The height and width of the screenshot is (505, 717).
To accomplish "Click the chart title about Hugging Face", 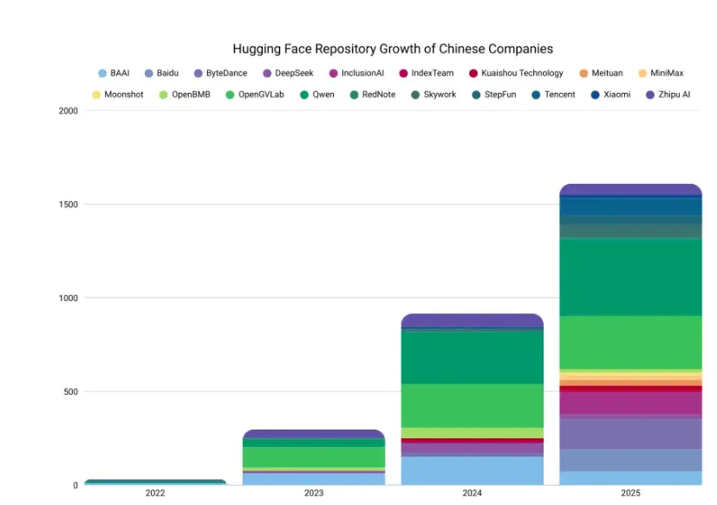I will [x=393, y=49].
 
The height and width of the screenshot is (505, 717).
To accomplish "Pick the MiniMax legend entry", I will [x=667, y=74].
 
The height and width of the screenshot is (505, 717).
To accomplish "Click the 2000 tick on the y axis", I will [x=68, y=111].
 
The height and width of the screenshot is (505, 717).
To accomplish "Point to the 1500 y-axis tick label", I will [x=68, y=205].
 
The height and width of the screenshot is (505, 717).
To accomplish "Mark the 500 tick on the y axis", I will [x=69, y=392].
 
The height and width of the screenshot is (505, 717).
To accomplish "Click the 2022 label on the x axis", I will [x=155, y=493].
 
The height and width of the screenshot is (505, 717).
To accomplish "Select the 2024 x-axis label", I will [x=472, y=493].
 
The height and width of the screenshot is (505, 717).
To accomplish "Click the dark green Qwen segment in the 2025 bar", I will [x=630, y=277].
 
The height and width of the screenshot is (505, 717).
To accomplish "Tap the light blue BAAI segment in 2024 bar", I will [x=472, y=470].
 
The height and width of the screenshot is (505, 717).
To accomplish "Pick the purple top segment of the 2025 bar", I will [x=630, y=190].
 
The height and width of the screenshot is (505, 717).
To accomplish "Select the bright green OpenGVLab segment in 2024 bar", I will [x=472, y=405].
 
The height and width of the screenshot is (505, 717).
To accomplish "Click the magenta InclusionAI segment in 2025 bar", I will [x=630, y=403].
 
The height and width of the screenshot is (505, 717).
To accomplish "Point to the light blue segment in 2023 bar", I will [x=314, y=479].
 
